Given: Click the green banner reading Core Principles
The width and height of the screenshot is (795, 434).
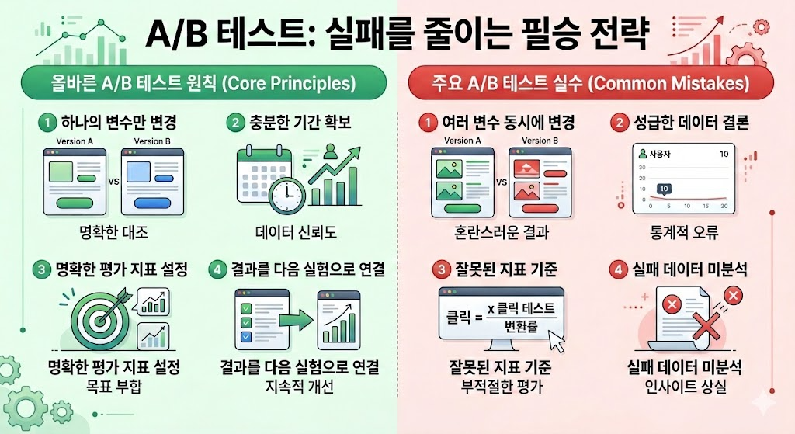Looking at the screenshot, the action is tap(203, 82).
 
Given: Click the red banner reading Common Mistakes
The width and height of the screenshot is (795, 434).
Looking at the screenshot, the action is tap(591, 82).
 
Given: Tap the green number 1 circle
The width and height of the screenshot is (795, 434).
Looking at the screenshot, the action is tap(47, 123).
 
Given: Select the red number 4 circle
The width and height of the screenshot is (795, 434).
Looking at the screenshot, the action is tap(618, 269).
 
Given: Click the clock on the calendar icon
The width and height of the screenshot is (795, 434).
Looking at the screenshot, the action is tap(286, 195).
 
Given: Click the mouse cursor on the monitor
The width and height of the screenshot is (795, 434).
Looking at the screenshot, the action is tap(557, 341).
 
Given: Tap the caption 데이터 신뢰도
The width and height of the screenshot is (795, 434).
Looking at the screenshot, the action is tap(296, 233).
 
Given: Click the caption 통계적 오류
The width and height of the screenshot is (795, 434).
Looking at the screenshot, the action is tap(684, 233).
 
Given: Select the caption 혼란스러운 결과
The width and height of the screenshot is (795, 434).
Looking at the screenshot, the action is tap(501, 233).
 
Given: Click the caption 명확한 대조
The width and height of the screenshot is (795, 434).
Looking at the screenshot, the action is tap(113, 233).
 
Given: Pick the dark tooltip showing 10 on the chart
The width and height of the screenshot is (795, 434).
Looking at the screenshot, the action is tap(664, 189).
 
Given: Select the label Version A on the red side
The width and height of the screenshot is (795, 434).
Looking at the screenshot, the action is tap(463, 141).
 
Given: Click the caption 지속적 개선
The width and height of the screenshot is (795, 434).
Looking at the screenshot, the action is tap(299, 387).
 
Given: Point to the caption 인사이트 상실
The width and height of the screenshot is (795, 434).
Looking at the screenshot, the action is tap(686, 387).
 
